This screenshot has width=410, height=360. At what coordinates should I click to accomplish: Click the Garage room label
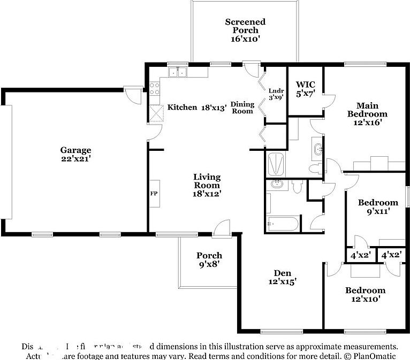[x=75, y=155]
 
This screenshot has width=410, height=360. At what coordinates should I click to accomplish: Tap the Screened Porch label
[x=245, y=30]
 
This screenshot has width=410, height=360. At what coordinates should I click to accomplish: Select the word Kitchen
[x=182, y=108]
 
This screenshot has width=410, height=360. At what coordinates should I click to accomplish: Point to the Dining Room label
[x=242, y=108]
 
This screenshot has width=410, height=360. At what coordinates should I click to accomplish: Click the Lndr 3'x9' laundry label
[x=276, y=94]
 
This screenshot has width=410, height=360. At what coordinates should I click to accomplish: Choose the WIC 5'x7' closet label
[x=305, y=89]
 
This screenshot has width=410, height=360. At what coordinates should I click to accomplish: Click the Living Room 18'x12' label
[x=207, y=185]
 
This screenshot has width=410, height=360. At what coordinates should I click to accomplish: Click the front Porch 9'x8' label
[x=209, y=259]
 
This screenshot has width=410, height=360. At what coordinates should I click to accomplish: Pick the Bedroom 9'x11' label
[x=378, y=206]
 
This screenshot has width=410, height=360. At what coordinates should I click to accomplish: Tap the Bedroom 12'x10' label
[x=365, y=295]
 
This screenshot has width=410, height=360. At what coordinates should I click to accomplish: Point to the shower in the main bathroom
[x=276, y=164]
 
